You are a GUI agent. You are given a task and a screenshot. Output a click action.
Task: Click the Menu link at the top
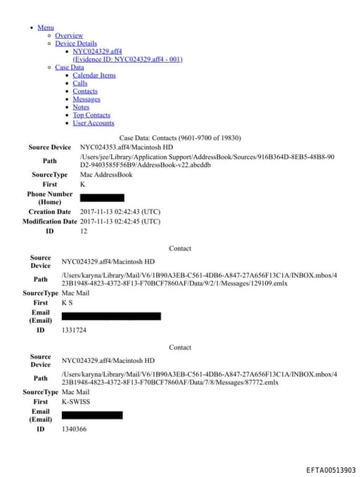point(46,27)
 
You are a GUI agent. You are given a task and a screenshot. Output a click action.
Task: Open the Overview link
point(69,35)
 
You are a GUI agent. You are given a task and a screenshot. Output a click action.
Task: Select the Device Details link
point(76,44)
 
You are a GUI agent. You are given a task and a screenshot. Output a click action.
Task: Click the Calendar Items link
point(94,75)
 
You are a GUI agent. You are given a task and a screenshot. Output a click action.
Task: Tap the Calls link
point(80,83)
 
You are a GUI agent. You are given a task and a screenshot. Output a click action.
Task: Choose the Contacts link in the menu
point(85,91)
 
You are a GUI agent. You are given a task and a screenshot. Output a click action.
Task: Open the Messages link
point(86,99)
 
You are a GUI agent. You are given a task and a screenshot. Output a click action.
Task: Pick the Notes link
point(81,107)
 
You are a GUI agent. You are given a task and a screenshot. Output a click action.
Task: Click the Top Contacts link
point(91,115)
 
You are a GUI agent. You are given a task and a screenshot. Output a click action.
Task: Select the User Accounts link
point(94,123)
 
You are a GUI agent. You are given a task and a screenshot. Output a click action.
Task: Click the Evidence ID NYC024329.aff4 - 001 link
point(127,59)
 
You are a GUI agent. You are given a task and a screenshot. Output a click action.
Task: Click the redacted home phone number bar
point(102,198)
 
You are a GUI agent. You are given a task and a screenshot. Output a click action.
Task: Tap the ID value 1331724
point(74,329)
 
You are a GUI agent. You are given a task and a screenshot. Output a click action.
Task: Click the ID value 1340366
point(74,428)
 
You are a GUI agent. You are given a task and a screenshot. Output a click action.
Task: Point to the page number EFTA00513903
point(330,470)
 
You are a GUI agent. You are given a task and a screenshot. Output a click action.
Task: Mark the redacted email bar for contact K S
point(111,316)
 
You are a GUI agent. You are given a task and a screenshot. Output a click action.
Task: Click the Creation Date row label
point(50,211)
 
